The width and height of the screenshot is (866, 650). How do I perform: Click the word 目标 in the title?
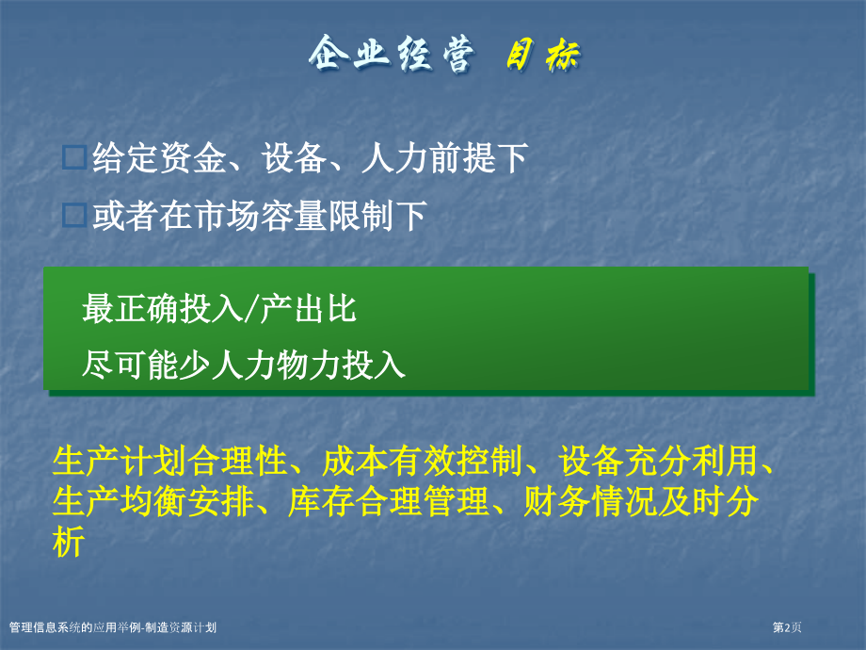543,56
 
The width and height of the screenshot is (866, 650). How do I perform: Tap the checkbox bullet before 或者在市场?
73,217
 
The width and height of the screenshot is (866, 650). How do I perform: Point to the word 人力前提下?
443,158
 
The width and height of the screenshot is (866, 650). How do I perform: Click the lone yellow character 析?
69,542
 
